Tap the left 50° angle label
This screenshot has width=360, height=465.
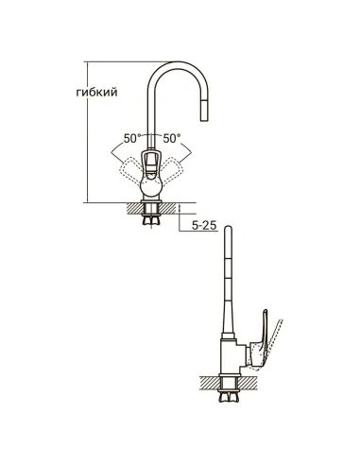coord(129,139)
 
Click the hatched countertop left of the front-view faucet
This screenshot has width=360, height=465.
coord(133,207)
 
